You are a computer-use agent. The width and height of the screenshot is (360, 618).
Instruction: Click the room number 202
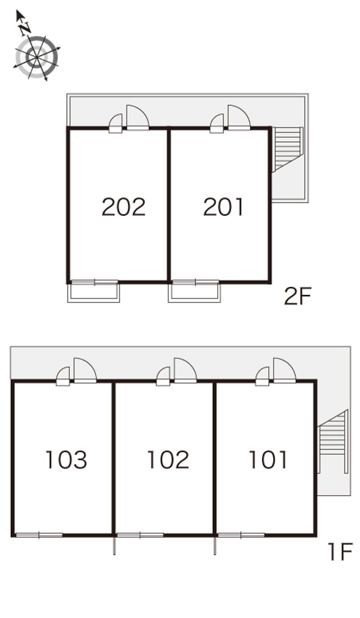[x=124, y=207]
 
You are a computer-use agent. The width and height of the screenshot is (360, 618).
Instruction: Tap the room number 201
[x=224, y=207]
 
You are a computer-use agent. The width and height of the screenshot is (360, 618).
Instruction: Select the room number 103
[x=66, y=460]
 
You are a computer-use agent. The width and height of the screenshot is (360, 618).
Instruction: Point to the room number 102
[x=168, y=460]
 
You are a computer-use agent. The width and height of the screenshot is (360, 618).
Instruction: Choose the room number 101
[x=268, y=460]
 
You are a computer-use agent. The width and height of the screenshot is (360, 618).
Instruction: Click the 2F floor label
[x=298, y=296]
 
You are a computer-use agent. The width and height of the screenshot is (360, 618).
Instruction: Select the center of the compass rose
[x=37, y=57]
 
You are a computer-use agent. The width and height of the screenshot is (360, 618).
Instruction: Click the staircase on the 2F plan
[x=287, y=149]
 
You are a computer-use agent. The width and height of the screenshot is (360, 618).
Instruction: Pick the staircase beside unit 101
[x=333, y=442]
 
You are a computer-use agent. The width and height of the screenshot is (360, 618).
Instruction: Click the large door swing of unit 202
[x=138, y=117]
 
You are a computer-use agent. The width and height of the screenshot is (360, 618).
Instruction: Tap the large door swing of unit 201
[x=239, y=117]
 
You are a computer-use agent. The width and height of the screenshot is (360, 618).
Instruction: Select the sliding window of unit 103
[x=39, y=535]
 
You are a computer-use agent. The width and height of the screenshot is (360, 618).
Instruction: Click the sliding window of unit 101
[x=241, y=535]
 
